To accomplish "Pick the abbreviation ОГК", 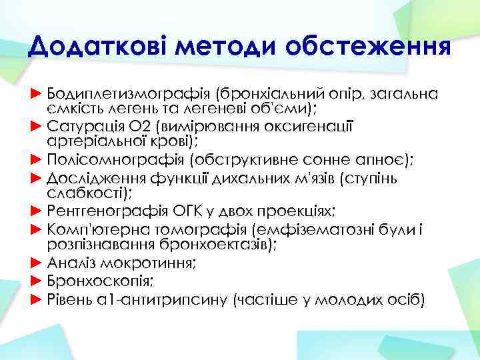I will (x=189, y=212).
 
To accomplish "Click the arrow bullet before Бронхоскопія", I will (x=37, y=281).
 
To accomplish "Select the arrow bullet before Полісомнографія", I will (x=37, y=160).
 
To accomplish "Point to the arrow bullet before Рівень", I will (x=37, y=299).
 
